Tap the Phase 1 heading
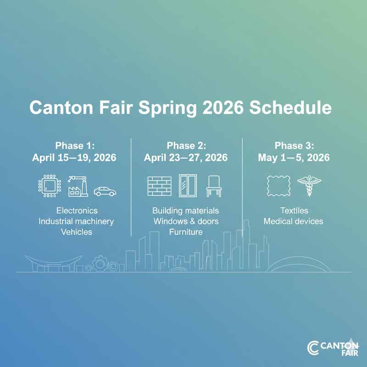75,146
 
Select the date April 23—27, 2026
186,158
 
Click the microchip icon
49,186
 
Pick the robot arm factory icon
78,186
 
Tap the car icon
105,190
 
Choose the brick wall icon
159,186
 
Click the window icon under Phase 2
187,186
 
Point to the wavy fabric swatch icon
278,186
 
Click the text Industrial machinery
76,222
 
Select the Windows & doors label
186,222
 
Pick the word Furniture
186,232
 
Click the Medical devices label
293,222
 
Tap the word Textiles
294,211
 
